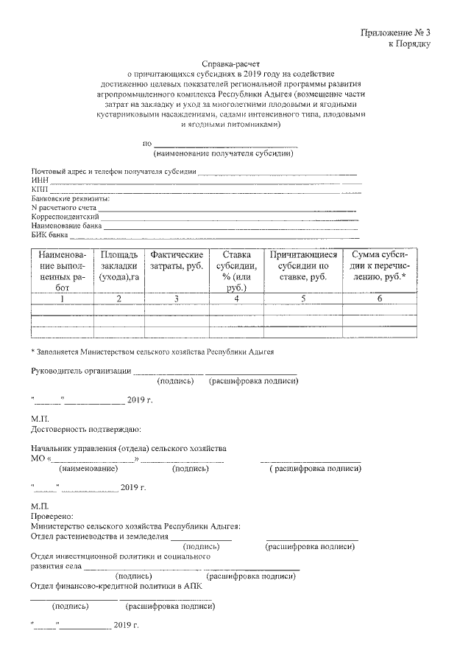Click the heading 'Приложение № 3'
(395, 32)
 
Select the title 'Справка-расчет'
(233, 64)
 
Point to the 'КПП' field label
(39, 189)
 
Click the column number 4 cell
(236, 298)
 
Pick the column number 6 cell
(380, 298)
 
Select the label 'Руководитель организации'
(81, 371)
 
